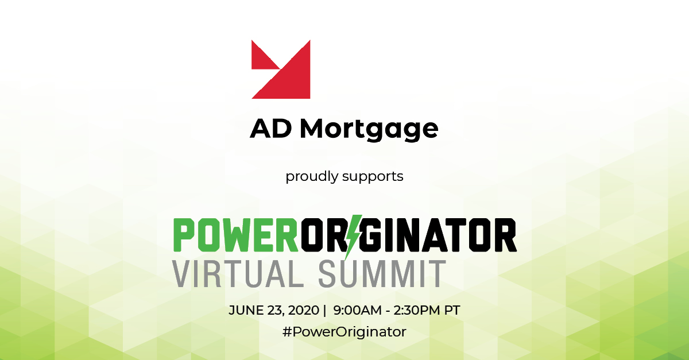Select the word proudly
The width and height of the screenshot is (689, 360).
pyautogui.click(x=312, y=176)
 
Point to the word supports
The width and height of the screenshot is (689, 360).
pyautogui.click(x=373, y=177)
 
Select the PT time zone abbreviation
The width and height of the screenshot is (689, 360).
pyautogui.click(x=452, y=311)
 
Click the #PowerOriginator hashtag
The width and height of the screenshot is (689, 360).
pyautogui.click(x=344, y=332)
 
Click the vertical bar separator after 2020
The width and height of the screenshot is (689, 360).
pyautogui.click(x=324, y=311)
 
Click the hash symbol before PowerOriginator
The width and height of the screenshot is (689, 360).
pyautogui.click(x=287, y=332)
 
